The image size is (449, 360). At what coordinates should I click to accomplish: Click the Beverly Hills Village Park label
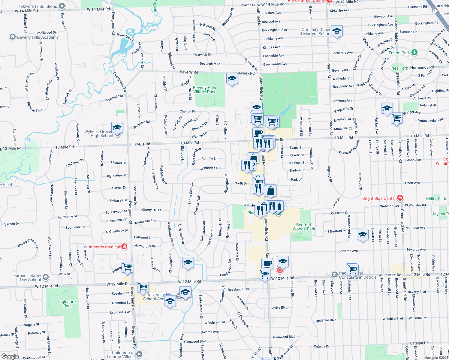[x=204, y=90]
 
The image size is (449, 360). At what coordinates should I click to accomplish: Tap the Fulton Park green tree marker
[x=414, y=52]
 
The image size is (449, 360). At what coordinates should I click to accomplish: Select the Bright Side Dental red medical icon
[x=400, y=198]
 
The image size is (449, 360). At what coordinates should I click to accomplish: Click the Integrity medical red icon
[x=124, y=247]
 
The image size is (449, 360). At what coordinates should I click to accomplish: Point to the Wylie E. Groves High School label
[x=98, y=133]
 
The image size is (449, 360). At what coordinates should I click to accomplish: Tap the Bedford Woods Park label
[x=304, y=227]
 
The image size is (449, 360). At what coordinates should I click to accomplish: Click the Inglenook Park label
[x=68, y=304]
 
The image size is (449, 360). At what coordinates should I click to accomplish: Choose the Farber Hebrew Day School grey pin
[x=46, y=277]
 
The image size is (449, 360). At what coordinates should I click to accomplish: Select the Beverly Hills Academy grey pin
[x=12, y=37]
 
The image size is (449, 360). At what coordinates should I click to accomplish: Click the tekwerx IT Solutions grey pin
[x=62, y=6]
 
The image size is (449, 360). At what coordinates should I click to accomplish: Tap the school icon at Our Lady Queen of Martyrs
[x=337, y=31]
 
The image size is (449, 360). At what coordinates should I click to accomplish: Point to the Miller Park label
[x=436, y=199]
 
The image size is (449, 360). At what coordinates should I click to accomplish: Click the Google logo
[x=10, y=356]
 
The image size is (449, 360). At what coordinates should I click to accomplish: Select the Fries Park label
[x=398, y=68]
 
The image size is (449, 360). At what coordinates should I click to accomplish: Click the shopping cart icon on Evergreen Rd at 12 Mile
[x=143, y=287]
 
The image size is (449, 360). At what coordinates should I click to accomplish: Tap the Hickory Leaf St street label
[x=145, y=222]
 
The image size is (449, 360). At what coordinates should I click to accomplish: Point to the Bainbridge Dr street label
[x=209, y=168]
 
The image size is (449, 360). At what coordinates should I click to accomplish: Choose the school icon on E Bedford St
[x=363, y=234]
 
